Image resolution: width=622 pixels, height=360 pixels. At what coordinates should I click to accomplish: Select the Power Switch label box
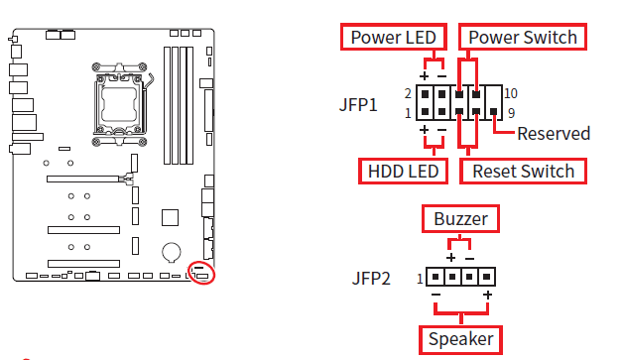pos(523,38)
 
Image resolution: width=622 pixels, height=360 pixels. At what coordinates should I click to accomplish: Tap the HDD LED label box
pos(403,171)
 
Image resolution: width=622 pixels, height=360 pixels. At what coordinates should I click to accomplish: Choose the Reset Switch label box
pos(523,171)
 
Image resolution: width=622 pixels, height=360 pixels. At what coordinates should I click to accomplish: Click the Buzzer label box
pos(460,217)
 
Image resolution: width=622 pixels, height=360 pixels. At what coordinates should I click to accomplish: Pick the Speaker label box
pos(460,339)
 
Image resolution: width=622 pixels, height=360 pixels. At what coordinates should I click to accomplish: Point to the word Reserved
pos(554,134)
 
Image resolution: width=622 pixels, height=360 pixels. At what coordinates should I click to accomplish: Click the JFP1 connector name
pos(358,102)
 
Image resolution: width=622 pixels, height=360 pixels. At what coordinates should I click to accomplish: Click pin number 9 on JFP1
pos(511,112)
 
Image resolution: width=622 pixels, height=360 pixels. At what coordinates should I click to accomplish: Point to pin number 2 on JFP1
pos(408,92)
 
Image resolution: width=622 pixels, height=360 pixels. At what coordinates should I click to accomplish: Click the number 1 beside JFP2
pos(421,278)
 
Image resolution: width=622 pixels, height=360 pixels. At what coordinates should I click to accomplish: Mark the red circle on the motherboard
pos(201,272)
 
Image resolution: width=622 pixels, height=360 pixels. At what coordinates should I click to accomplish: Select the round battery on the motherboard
pos(172,253)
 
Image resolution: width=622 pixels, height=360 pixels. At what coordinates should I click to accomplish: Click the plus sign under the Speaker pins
pos(487,296)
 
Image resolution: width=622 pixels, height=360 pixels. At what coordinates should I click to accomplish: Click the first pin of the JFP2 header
pos(435,278)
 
